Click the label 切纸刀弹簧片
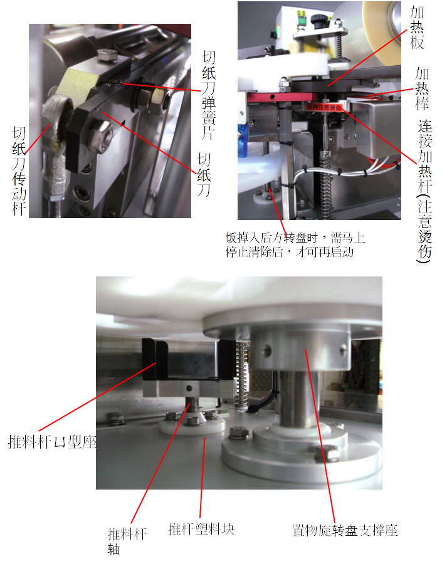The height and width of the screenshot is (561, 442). [209, 95]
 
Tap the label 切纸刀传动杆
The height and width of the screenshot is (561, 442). [19, 170]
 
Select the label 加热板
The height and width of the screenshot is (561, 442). [417, 28]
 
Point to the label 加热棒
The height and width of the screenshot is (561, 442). [422, 89]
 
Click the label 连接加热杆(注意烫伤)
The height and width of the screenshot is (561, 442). [425, 191]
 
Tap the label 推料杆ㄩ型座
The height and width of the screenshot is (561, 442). [52, 442]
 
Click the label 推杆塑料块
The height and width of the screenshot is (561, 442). [201, 529]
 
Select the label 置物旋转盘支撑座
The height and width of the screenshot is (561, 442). [345, 530]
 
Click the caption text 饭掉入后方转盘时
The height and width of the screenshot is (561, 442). [271, 238]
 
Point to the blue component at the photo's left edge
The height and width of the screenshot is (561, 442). [243, 140]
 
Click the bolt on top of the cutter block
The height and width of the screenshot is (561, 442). [107, 55]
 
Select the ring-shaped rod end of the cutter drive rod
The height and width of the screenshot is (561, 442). [57, 112]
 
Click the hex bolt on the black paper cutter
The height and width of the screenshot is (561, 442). [99, 136]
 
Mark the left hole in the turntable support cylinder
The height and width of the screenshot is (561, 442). [267, 351]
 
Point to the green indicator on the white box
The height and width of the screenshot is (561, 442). [301, 21]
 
